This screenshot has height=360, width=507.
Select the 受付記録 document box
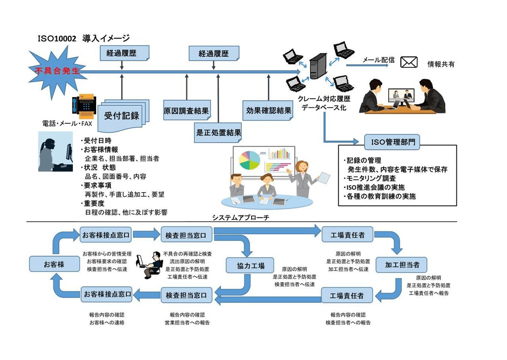(x=121, y=116)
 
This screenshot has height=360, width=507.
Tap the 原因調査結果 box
(x=186, y=111)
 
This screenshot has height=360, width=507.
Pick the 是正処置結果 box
(x=218, y=132)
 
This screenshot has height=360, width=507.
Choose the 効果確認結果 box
(x=268, y=110)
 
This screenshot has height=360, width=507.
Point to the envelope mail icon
(x=409, y=62)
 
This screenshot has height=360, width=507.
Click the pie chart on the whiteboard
(x=249, y=159)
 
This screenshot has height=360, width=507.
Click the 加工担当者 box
(x=402, y=265)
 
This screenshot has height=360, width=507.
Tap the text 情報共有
(x=441, y=64)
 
